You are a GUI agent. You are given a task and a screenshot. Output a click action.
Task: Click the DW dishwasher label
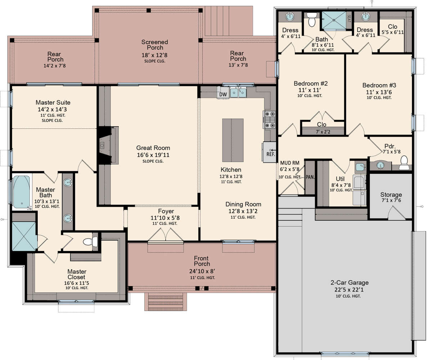pyautogui.click(x=223, y=95)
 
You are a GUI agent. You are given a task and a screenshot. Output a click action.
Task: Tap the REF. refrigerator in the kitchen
pyautogui.click(x=270, y=152)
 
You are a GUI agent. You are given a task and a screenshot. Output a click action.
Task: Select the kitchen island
pyautogui.click(x=233, y=140)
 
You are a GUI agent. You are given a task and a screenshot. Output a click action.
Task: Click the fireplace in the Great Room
pyautogui.click(x=108, y=146)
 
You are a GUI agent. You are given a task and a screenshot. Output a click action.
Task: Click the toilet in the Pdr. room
pyautogui.click(x=404, y=163)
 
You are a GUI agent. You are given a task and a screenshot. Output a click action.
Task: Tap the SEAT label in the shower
pyautogui.click(x=349, y=19)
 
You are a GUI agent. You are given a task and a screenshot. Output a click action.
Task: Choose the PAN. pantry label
pyautogui.click(x=310, y=177)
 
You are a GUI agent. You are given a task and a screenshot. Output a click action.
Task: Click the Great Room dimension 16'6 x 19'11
pyautogui.click(x=153, y=155)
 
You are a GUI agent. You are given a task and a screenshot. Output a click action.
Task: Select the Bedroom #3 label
pyautogui.click(x=379, y=85)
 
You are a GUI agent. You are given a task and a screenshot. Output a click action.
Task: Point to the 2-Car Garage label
pyautogui.click(x=350, y=283)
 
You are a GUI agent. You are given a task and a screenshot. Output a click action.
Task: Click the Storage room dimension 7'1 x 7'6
pyautogui.click(x=391, y=200)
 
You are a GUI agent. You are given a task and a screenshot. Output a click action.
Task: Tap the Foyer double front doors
pyautogui.click(x=166, y=234)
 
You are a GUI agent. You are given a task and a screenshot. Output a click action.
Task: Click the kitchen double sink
pyautogui.click(x=238, y=92)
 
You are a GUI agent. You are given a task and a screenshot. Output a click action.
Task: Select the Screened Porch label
pyautogui.click(x=154, y=45)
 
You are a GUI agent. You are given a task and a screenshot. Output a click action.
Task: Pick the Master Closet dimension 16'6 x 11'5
pyautogui.click(x=77, y=283)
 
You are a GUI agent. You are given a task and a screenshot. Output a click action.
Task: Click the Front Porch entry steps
pyautogui.click(x=166, y=301)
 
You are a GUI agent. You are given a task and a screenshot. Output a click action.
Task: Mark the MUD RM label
pyautogui.click(x=290, y=163)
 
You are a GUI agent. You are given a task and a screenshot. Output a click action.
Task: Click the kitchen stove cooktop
pyautogui.click(x=270, y=119)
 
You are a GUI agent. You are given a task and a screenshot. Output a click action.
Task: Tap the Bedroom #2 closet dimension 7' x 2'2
pyautogui.click(x=323, y=132)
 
